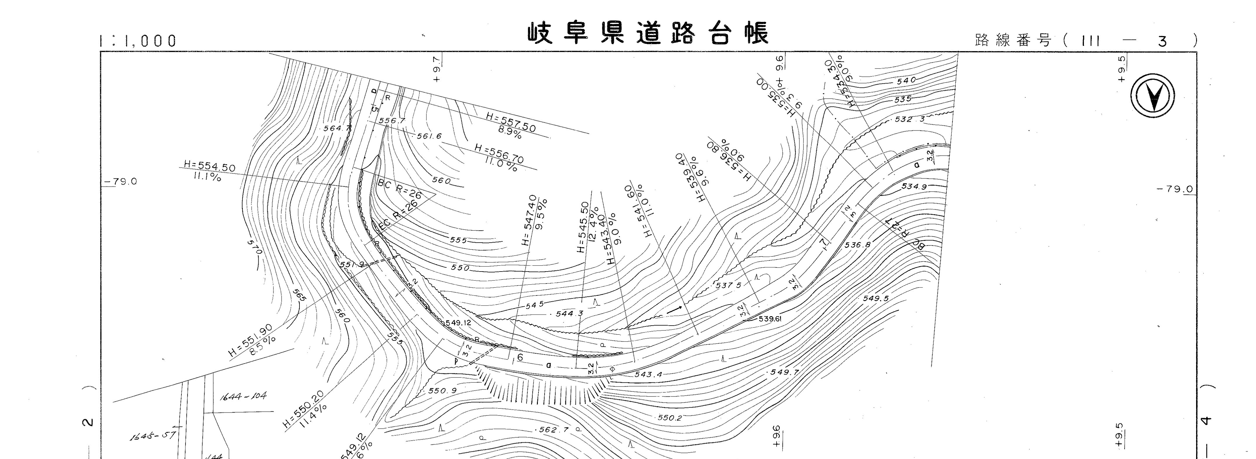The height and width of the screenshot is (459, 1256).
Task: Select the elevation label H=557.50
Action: [510, 121]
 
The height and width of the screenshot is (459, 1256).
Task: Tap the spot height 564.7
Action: [337, 129]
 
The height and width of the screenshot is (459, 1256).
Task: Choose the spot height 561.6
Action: [429, 136]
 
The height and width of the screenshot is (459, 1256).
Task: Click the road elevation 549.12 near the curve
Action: [458, 323]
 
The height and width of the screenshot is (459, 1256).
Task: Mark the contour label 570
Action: [254, 246]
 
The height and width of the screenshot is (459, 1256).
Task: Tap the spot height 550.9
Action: [442, 390]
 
